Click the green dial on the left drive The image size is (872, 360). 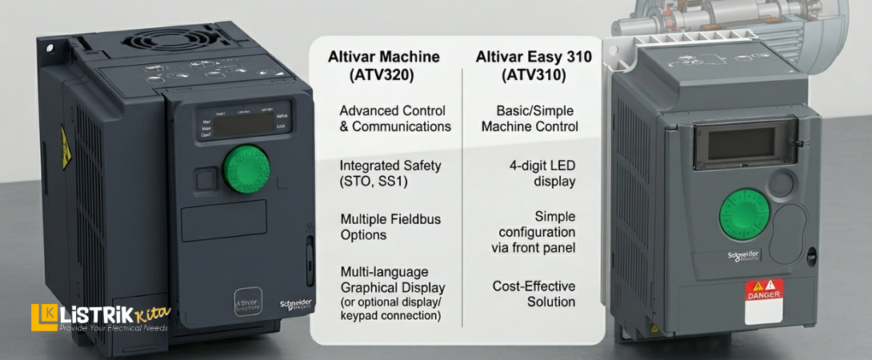click(x=246, y=169)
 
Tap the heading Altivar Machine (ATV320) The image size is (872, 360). click(x=384, y=66)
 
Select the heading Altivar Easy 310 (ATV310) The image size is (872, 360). click(x=534, y=66)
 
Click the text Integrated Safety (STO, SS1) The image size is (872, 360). click(x=390, y=173)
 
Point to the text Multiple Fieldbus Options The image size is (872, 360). click(x=390, y=227)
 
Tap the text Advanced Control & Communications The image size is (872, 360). click(x=394, y=118)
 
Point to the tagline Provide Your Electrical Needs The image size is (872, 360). click(x=111, y=328)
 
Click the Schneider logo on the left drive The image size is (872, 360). click(x=295, y=306)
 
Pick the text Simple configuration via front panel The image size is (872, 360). click(x=533, y=232)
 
